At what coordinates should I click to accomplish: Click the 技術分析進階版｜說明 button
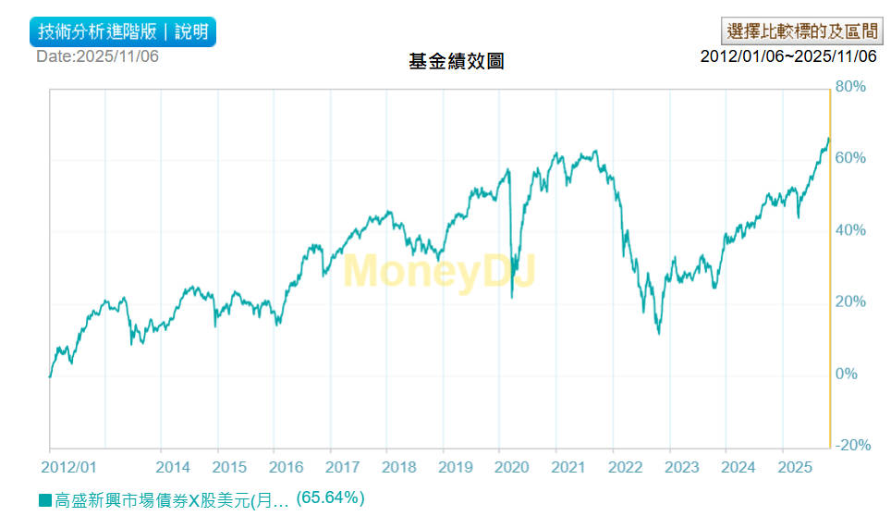(x=123, y=31)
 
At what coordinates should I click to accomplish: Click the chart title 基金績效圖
(x=456, y=62)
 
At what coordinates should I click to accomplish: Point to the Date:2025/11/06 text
(x=97, y=56)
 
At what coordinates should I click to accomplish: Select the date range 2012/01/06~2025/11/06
(x=787, y=56)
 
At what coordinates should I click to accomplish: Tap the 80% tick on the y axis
(x=850, y=87)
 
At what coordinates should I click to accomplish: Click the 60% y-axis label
(x=850, y=159)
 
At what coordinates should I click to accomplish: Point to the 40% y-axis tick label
(x=850, y=230)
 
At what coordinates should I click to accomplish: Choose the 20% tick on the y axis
(x=850, y=302)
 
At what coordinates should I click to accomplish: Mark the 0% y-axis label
(x=847, y=375)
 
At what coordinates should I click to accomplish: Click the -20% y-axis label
(x=852, y=446)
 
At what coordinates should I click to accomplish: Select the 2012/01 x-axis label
(x=70, y=467)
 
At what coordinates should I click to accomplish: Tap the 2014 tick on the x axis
(x=173, y=467)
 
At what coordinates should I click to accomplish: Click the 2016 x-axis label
(x=286, y=467)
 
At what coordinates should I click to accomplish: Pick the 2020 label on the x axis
(x=512, y=467)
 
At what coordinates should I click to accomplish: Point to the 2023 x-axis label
(x=682, y=467)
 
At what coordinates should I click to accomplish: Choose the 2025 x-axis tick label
(x=795, y=467)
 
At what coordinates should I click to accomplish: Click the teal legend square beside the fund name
(x=44, y=500)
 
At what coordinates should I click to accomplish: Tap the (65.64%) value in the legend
(x=330, y=498)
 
